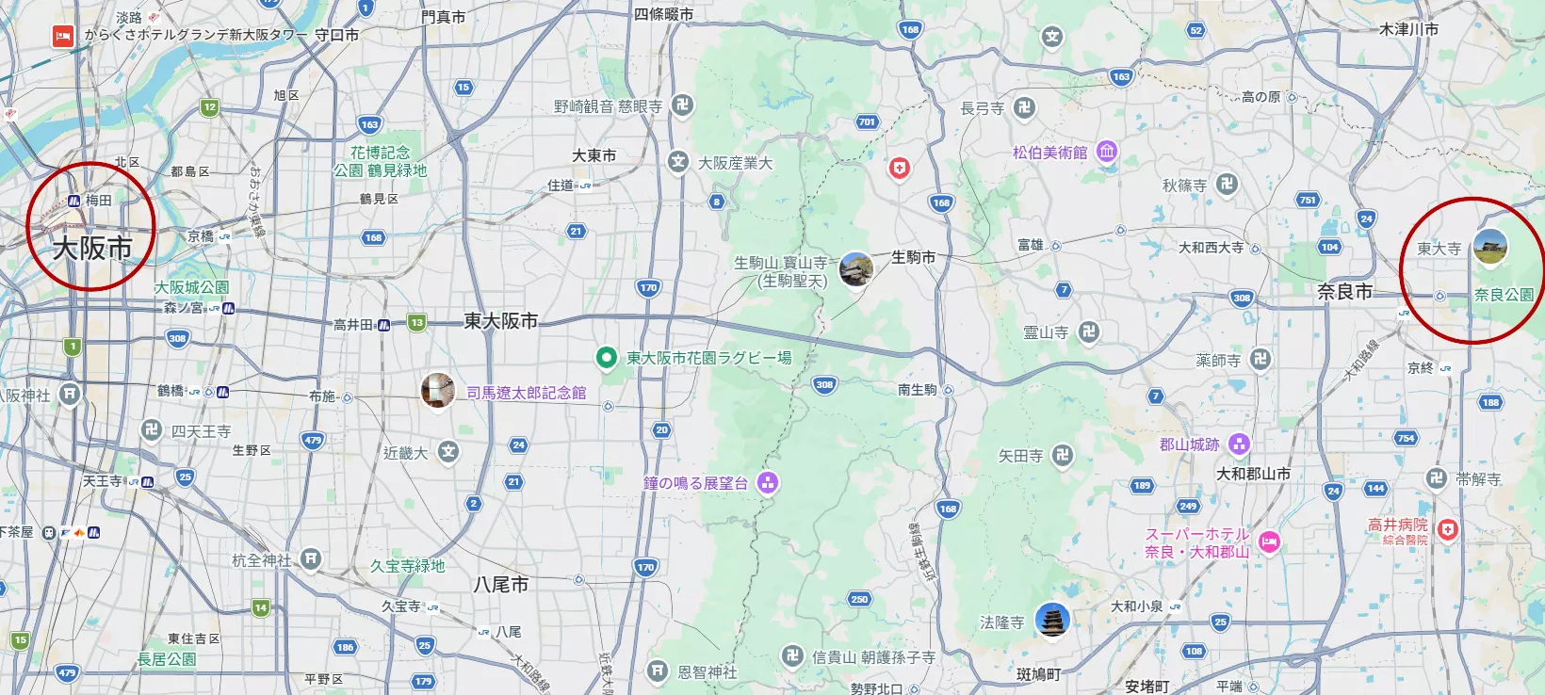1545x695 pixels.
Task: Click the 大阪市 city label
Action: coord(91,248)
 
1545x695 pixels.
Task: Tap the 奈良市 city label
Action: coord(1344,292)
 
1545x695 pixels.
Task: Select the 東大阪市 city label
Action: coord(500,321)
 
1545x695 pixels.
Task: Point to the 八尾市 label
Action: coord(500,585)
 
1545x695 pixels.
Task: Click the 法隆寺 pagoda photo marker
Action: coord(1051,621)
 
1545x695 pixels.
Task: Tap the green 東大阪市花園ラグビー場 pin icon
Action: coord(607,358)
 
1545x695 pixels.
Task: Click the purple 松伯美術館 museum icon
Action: coord(1107,152)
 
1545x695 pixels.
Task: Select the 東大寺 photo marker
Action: coord(1489,247)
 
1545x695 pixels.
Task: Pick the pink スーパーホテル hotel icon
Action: coord(1269,541)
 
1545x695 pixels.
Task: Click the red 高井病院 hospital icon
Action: coord(1448,530)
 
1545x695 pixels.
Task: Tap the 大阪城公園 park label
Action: coord(192,287)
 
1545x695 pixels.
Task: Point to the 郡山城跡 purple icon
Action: coord(1239,444)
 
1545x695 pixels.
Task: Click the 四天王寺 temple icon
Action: coord(152,430)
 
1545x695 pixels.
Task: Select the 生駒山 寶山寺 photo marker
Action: coord(855,269)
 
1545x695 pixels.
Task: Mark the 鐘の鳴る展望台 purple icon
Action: coord(768,483)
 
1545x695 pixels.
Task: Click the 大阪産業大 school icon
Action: coord(678,162)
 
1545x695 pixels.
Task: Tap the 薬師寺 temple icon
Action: coord(1260,359)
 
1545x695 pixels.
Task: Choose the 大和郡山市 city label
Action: coord(1253,474)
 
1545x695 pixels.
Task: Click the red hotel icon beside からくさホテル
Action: coord(62,36)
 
